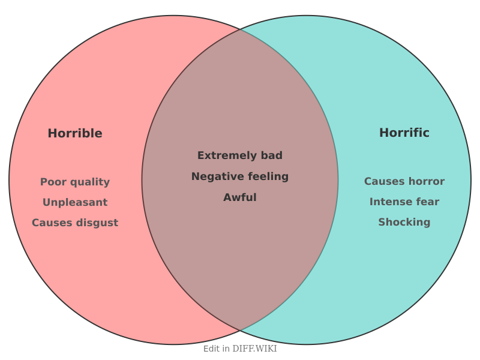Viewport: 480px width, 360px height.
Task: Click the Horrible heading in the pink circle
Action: (x=75, y=134)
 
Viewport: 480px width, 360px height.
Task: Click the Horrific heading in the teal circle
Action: (x=404, y=133)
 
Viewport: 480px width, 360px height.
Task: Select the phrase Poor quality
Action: (x=75, y=182)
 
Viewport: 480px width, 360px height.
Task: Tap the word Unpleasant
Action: (x=75, y=203)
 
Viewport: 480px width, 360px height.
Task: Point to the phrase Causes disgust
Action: (x=75, y=223)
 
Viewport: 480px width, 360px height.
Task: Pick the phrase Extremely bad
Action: (x=240, y=156)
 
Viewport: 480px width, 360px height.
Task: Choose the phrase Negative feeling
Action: (x=240, y=177)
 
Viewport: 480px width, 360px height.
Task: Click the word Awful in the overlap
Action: (x=240, y=198)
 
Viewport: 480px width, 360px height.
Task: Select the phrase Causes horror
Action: (x=404, y=182)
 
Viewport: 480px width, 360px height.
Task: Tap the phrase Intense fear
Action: (x=404, y=202)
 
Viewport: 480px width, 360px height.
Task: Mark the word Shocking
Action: (x=404, y=223)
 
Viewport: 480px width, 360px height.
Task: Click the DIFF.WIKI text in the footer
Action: (x=254, y=349)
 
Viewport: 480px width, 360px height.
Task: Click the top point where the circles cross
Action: (x=240, y=29)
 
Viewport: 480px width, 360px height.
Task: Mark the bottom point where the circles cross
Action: (x=240, y=331)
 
